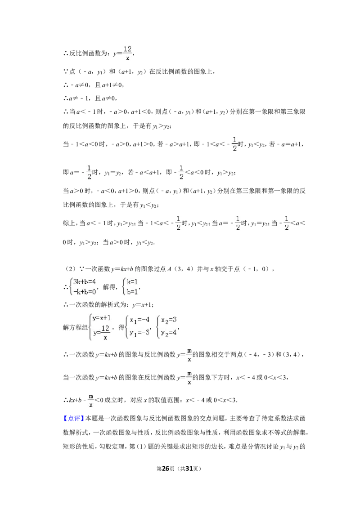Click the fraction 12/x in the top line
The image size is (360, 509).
[127, 53]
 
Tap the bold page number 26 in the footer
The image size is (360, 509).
[166, 469]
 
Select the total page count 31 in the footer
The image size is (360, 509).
[189, 469]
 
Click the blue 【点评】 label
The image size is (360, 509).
[74, 419]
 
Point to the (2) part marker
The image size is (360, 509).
[70, 269]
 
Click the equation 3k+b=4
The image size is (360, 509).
[84, 282]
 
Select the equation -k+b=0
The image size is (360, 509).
[85, 291]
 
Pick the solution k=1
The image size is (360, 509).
[132, 282]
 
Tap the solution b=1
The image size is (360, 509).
[132, 291]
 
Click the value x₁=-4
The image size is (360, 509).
[139, 320]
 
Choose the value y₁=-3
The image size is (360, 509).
[139, 333]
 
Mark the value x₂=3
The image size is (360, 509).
[169, 320]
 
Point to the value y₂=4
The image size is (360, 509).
[169, 333]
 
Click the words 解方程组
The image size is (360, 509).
[76, 327]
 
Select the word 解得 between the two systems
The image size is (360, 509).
[109, 286]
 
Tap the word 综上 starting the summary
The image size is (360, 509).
[69, 223]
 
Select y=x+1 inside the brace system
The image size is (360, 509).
[101, 318]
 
